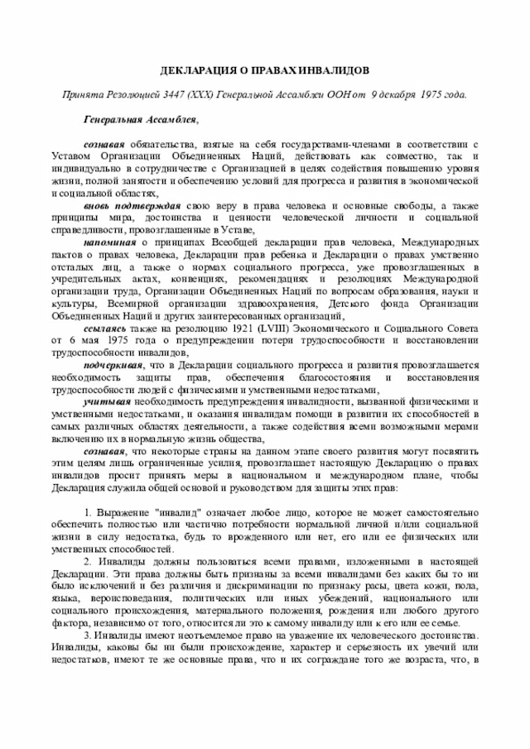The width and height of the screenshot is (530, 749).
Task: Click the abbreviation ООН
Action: point(329,94)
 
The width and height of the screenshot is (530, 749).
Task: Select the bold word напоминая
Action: point(110,241)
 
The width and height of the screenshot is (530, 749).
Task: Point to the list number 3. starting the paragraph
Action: point(88,635)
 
